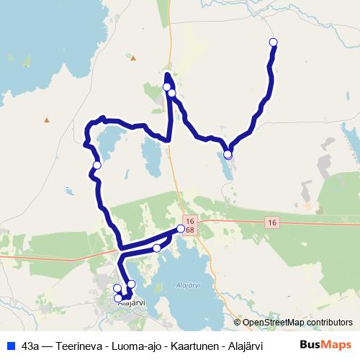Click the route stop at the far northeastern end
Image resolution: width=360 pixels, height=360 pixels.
273,42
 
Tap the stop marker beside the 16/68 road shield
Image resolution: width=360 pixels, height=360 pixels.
181,229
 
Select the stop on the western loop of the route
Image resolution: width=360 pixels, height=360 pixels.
97,166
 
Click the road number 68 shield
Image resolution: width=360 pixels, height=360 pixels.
189,230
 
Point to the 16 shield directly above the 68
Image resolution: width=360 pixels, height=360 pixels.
189,221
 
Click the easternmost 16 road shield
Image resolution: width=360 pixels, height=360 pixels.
271,222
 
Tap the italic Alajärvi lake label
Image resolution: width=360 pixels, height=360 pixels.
187,285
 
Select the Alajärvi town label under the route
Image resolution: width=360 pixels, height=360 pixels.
127,303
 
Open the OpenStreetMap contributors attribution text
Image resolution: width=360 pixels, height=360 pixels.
297,323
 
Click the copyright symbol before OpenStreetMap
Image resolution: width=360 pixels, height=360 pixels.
238,323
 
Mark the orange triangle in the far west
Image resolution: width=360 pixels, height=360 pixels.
47,120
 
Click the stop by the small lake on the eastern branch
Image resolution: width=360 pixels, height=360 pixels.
228,154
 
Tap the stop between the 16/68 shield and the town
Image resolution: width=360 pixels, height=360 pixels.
157,248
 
